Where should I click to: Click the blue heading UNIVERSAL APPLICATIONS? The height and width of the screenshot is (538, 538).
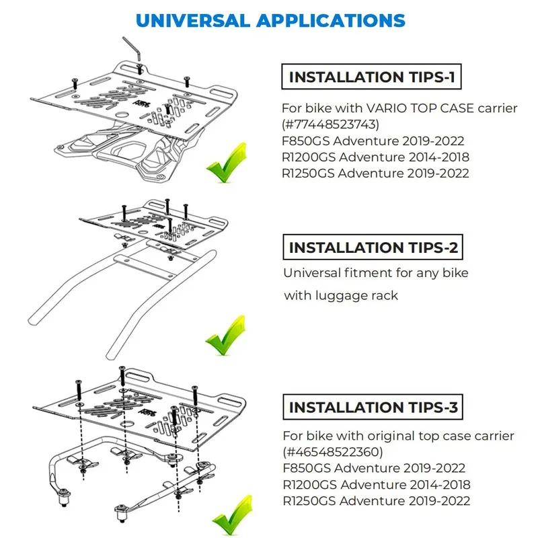point(270,21)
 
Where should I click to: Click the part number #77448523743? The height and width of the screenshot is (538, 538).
point(330,124)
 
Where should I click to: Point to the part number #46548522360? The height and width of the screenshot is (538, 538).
point(333,451)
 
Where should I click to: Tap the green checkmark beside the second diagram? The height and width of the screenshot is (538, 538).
point(226,335)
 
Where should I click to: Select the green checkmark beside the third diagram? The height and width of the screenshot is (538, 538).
point(233,514)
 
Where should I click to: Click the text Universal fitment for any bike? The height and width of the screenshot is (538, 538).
point(376,273)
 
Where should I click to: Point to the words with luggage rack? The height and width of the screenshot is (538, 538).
point(341,295)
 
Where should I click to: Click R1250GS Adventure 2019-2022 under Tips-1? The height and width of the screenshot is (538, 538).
point(375,173)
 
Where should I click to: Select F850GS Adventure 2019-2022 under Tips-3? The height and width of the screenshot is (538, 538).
point(374,468)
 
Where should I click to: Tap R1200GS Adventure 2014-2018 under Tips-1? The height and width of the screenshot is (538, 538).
point(375,157)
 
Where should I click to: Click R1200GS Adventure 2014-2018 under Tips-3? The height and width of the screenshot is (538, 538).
point(377,484)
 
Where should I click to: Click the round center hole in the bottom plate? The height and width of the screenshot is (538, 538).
point(127,424)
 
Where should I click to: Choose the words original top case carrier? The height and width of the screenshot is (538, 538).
point(441,436)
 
